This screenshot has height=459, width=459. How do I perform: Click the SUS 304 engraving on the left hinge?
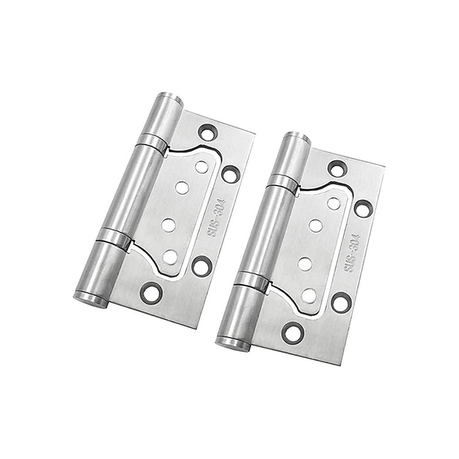point(216,217)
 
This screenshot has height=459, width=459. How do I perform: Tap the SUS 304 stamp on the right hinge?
point(352,253)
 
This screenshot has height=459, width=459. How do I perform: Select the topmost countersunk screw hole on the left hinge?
point(208,133)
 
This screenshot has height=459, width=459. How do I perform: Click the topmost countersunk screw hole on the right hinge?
point(337,169)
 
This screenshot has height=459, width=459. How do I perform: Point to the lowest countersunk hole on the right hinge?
point(293,333)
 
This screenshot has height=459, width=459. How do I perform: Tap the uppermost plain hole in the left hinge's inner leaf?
point(201,167)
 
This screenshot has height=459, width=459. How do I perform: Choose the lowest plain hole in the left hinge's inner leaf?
point(170,257)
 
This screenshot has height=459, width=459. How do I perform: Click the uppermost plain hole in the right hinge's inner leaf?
point(333,204)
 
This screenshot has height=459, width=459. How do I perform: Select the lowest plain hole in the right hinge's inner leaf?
point(309,295)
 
